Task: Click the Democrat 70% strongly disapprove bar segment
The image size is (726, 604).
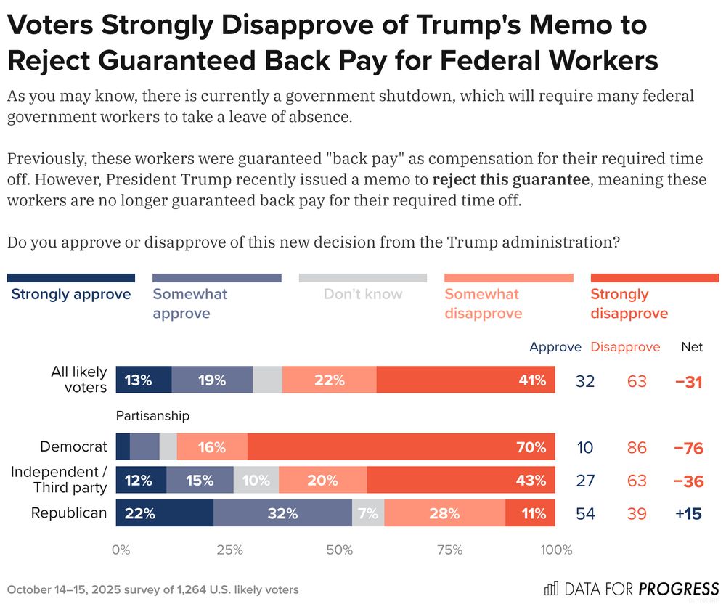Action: tap(401, 447)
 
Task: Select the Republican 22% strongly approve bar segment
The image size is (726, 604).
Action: tap(165, 513)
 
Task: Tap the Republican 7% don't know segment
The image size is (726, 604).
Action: tap(368, 513)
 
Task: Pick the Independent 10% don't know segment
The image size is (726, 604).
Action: tap(256, 480)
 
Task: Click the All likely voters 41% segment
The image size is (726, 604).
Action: tap(465, 380)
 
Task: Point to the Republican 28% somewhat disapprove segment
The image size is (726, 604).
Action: tap(444, 513)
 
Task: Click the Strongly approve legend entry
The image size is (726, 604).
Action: tap(71, 294)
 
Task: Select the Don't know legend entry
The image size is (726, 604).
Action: tap(362, 294)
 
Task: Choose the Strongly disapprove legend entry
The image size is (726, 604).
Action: tap(629, 303)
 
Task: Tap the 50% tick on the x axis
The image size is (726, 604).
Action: tap(340, 550)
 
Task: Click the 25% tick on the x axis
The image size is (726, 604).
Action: tap(230, 550)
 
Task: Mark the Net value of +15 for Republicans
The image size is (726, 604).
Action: tap(688, 513)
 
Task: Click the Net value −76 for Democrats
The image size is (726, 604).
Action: tap(688, 448)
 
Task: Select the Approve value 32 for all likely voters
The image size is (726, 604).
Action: tap(584, 380)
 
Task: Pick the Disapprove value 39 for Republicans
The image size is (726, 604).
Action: tap(637, 513)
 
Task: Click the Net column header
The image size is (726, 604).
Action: tap(691, 347)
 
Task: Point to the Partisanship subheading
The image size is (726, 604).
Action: tap(152, 415)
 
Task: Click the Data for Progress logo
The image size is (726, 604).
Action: tap(631, 588)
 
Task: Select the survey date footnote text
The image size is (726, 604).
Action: tap(152, 589)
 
